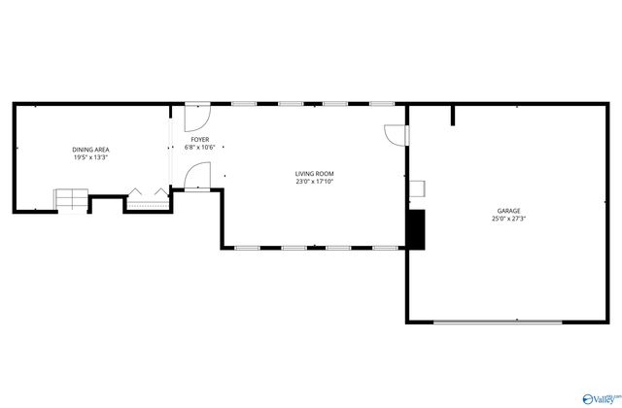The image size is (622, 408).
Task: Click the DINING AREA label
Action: tap(89, 149)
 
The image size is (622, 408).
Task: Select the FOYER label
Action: tap(199, 140)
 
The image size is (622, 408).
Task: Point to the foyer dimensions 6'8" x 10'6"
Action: tap(199, 148)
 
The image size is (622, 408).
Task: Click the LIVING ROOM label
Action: tap(315, 174)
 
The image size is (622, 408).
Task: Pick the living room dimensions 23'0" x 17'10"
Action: tap(315, 182)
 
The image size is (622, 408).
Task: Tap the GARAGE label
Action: tap(509, 211)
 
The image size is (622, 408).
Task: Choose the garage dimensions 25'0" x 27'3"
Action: tap(509, 219)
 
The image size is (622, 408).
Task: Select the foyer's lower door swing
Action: tap(194, 176)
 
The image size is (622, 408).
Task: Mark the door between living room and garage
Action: tap(396, 135)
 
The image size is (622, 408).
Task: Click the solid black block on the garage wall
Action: tap(416, 229)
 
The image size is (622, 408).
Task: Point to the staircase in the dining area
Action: tap(69, 198)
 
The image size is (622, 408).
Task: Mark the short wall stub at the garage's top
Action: tap(453, 116)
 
